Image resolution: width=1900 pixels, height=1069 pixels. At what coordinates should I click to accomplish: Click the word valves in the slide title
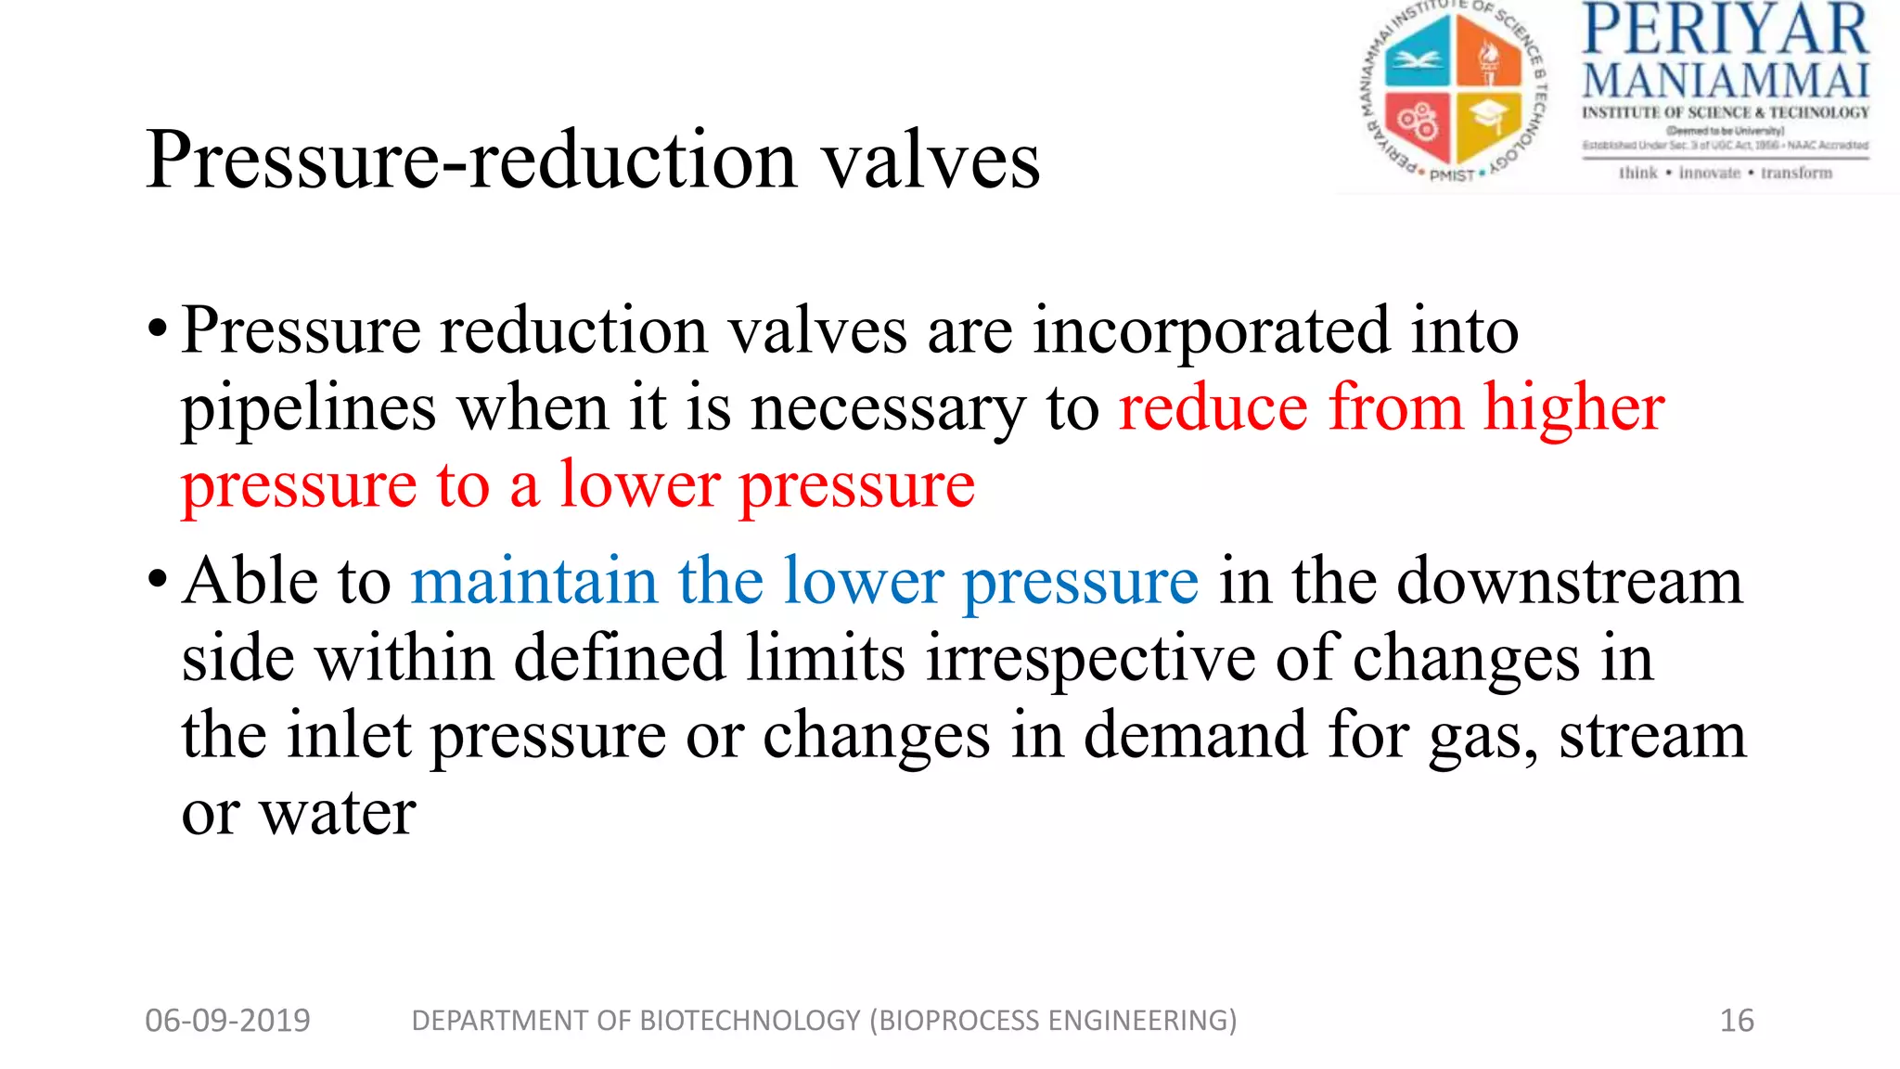(x=931, y=161)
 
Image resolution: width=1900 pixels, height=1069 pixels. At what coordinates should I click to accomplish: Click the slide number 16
(x=1737, y=1021)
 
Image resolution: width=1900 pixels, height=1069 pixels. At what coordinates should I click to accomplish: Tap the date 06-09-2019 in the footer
(x=227, y=1021)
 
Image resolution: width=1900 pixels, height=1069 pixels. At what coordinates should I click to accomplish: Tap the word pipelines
(x=308, y=409)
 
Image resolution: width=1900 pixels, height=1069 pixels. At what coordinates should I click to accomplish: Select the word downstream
(x=1570, y=582)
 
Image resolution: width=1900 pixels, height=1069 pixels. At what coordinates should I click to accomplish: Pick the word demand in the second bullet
(x=1196, y=736)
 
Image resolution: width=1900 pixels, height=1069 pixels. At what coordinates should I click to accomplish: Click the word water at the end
(x=337, y=814)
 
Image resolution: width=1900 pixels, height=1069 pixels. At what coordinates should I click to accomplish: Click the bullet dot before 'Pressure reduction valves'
(x=158, y=329)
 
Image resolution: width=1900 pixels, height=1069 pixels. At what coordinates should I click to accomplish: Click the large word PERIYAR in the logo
(x=1725, y=30)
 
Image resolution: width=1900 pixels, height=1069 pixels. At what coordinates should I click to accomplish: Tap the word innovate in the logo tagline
(x=1709, y=174)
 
